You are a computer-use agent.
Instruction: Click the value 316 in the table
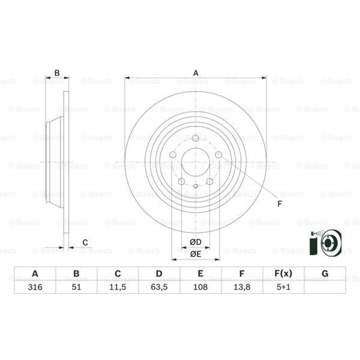(x=35, y=287)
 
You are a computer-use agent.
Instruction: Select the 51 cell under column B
(x=77, y=287)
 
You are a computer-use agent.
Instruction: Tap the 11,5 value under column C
(x=118, y=287)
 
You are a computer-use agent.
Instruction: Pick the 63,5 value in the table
(x=159, y=287)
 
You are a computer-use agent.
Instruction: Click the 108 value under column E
(x=200, y=287)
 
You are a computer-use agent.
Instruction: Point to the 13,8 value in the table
(x=242, y=287)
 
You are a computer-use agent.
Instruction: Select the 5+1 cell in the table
(x=283, y=287)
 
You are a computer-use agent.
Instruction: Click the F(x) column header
(x=283, y=274)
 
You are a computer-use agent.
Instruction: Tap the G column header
(x=324, y=274)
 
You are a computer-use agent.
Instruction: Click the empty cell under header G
(x=324, y=287)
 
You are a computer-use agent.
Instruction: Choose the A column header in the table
(x=35, y=274)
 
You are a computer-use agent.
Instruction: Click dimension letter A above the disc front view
(x=196, y=73)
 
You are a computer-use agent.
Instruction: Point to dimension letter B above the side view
(x=57, y=73)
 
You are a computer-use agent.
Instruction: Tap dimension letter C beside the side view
(x=85, y=243)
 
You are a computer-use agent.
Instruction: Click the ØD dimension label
(x=195, y=242)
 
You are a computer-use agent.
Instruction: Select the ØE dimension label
(x=195, y=255)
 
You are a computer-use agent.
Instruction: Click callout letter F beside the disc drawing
(x=280, y=204)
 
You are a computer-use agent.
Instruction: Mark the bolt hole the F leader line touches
(x=218, y=155)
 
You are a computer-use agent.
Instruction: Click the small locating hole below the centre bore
(x=195, y=186)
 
